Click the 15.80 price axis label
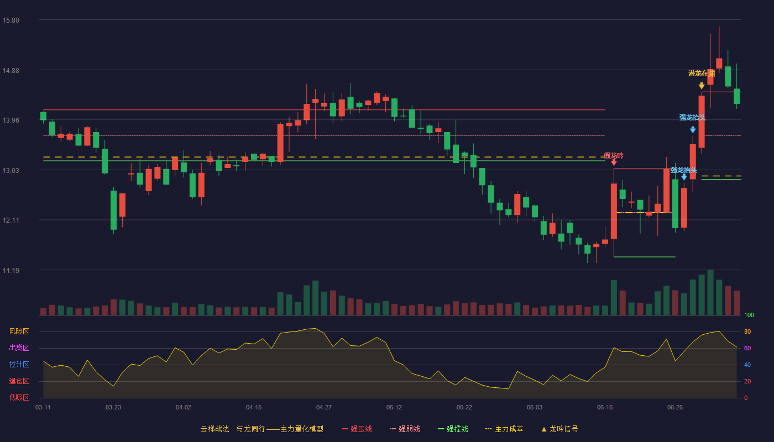pyautogui.click(x=11, y=20)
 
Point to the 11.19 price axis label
pyautogui.click(x=11, y=270)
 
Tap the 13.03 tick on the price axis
pyautogui.click(x=11, y=171)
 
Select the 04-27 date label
pyautogui.click(x=324, y=408)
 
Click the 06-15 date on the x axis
pyautogui.click(x=605, y=408)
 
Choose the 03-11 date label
pyautogui.click(x=43, y=408)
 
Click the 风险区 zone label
pyautogui.click(x=19, y=331)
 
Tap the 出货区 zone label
pyautogui.click(x=19, y=348)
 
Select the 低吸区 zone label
pyautogui.click(x=19, y=397)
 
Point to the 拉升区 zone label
pyautogui.click(x=19, y=364)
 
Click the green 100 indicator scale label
pyautogui.click(x=749, y=315)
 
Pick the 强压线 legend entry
pyautogui.click(x=357, y=429)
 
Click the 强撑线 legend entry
pyautogui.click(x=453, y=429)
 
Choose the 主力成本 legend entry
pyautogui.click(x=504, y=429)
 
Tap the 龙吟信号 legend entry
pyautogui.click(x=559, y=429)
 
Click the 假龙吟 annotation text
pyautogui.click(x=614, y=156)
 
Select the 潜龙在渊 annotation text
pyautogui.click(x=702, y=73)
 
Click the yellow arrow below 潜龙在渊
pyautogui.click(x=702, y=85)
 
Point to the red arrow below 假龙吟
pyautogui.click(x=614, y=162)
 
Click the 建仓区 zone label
pyautogui.click(x=19, y=381)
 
